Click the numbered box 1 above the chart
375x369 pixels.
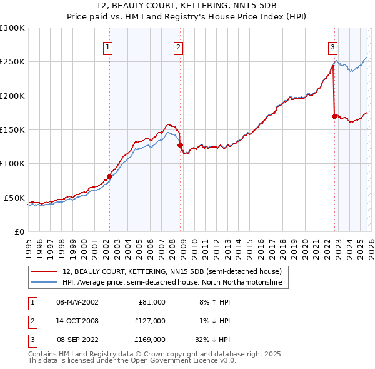tap(108, 47)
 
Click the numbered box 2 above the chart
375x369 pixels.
tap(179, 47)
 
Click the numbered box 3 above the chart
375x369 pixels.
tap(333, 47)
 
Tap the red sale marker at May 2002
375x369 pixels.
tap(109, 176)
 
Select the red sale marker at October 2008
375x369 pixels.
tap(181, 145)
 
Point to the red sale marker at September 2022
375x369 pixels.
tap(334, 116)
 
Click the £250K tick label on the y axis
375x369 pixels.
tap(12, 62)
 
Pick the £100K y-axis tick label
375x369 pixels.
tap(12, 164)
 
